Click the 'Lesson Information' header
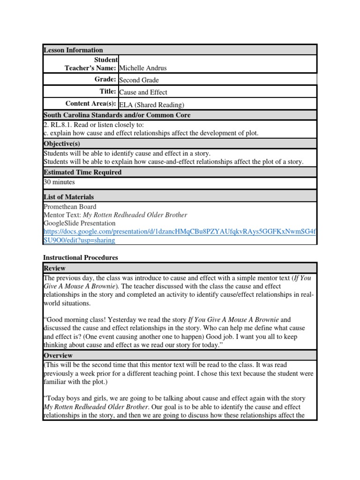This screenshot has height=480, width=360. (73, 50)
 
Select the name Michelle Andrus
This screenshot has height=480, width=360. (143, 68)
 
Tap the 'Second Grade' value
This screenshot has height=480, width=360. (140, 80)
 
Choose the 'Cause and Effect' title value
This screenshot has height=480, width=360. (143, 92)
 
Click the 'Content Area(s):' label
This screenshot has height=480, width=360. (90, 104)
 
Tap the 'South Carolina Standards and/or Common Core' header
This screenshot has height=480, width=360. (117, 115)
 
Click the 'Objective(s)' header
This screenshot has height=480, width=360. (62, 143)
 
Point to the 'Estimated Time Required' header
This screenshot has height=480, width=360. (82, 172)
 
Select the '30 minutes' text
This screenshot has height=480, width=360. (59, 182)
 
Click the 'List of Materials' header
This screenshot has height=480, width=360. (68, 197)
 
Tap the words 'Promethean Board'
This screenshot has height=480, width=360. (70, 207)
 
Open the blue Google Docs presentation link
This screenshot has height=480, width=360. (180, 232)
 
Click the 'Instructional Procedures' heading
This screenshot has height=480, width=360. (81, 257)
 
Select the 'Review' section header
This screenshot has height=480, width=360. (54, 268)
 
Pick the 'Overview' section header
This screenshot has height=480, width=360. (58, 356)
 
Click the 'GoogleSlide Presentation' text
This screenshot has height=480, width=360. (79, 223)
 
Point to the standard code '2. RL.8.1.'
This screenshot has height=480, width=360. (59, 125)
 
